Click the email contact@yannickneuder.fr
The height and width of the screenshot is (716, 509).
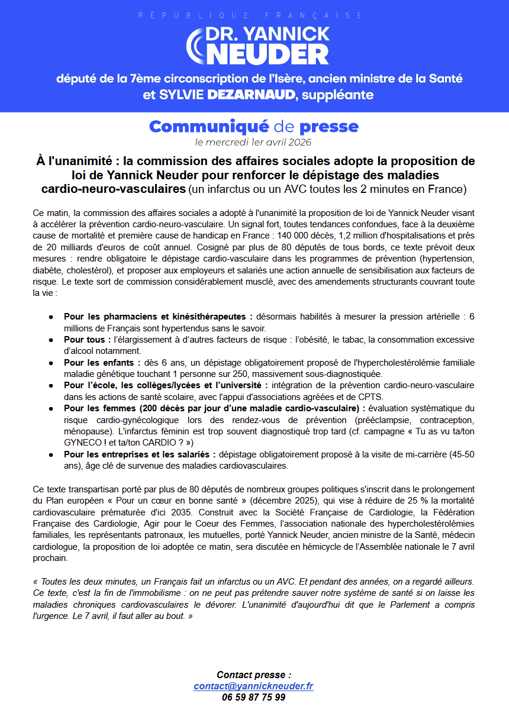pyautogui.click(x=253, y=686)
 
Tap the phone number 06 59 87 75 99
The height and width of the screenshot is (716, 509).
pyautogui.click(x=253, y=698)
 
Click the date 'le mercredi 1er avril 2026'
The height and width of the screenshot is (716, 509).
pyautogui.click(x=253, y=142)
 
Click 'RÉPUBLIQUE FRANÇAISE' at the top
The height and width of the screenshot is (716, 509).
pyautogui.click(x=251, y=15)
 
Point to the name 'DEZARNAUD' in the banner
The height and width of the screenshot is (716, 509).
pyautogui.click(x=252, y=95)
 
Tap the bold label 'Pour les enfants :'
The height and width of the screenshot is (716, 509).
pyautogui.click(x=102, y=362)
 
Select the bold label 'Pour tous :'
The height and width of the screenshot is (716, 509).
pyautogui.click(x=88, y=340)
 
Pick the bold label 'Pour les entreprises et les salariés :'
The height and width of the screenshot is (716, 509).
pyautogui.click(x=140, y=454)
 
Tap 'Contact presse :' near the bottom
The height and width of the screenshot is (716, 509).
pyautogui.click(x=253, y=675)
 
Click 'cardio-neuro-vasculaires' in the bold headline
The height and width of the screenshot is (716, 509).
pyautogui.click(x=114, y=189)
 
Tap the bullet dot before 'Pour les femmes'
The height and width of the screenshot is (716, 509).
pyautogui.click(x=51, y=409)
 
